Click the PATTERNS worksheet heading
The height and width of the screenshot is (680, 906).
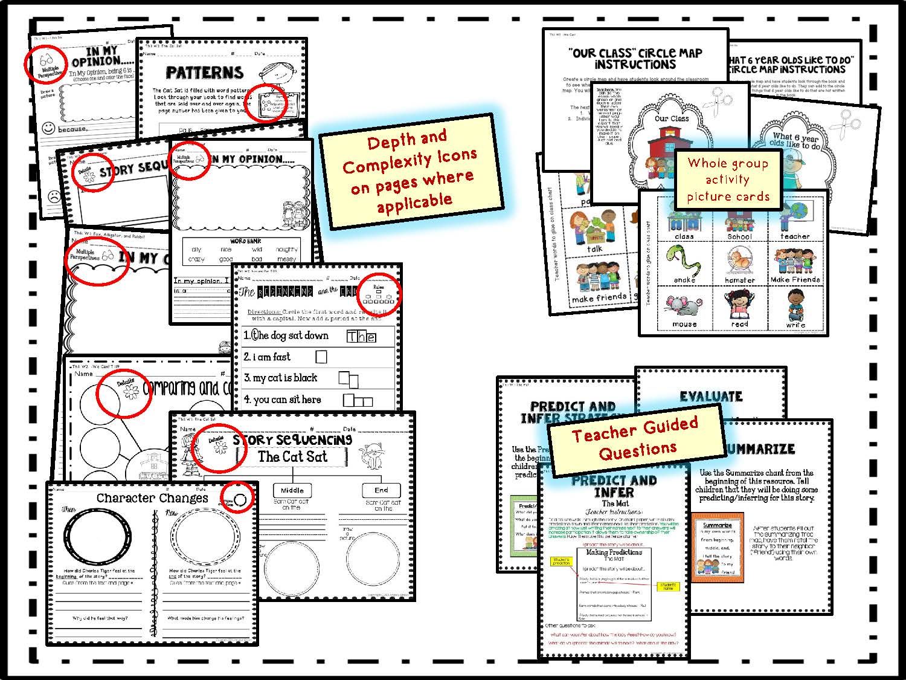pyautogui.click(x=204, y=73)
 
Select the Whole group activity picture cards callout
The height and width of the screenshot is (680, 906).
pyautogui.click(x=728, y=180)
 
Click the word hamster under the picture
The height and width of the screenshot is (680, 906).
pyautogui.click(x=740, y=280)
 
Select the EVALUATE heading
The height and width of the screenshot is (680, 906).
pyautogui.click(x=711, y=397)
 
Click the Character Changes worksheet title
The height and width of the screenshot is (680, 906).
pyautogui.click(x=152, y=498)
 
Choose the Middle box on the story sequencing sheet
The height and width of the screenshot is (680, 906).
pyautogui.click(x=292, y=490)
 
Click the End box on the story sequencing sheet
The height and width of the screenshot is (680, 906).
pyautogui.click(x=381, y=490)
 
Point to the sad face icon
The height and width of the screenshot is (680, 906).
pyautogui.click(x=53, y=196)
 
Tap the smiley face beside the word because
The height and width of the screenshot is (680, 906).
pyautogui.click(x=48, y=128)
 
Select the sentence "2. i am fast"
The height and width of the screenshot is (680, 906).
pyautogui.click(x=267, y=357)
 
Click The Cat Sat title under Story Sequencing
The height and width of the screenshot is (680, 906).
pyautogui.click(x=293, y=457)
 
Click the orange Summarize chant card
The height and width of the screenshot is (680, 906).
pyautogui.click(x=718, y=547)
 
